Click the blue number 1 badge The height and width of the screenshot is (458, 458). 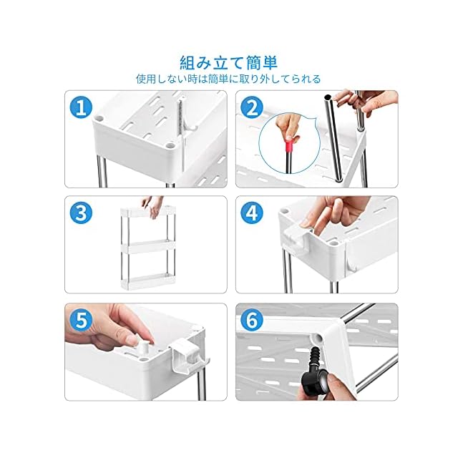coord(81,108)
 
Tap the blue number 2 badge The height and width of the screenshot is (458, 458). coord(252,108)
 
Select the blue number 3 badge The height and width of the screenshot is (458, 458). coord(81,213)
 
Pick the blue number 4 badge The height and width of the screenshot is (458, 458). coord(252,213)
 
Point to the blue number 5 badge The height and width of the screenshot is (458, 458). coord(81,320)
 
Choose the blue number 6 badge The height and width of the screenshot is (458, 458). coord(252,320)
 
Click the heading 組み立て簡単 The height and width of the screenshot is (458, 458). coord(229,62)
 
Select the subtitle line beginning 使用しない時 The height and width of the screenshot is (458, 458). coord(228,79)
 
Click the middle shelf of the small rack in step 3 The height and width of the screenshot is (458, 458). coord(148,246)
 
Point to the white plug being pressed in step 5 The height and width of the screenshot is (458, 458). coord(142,348)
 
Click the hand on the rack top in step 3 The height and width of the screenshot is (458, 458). coord(152,205)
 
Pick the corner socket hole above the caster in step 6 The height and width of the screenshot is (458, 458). coord(317,338)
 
